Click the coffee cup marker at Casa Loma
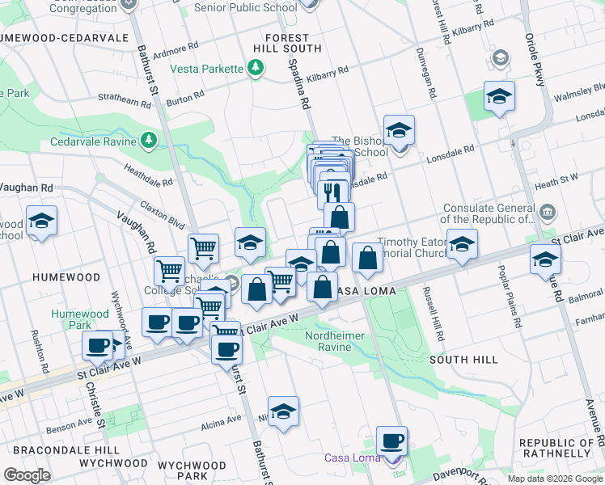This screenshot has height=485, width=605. pyautogui.click(x=392, y=441)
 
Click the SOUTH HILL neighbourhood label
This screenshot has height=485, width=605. pyautogui.click(x=461, y=359)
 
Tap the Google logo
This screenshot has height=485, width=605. pyautogui.click(x=27, y=475)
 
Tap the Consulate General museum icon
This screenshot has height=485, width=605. pyautogui.click(x=547, y=212)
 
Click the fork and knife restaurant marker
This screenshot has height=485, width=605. pyautogui.click(x=334, y=192)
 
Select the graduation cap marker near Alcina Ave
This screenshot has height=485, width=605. pyautogui.click(x=283, y=411)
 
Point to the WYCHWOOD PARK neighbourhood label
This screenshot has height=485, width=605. pyautogui.click(x=192, y=471)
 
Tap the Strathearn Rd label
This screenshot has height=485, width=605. pyautogui.click(x=124, y=103)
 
